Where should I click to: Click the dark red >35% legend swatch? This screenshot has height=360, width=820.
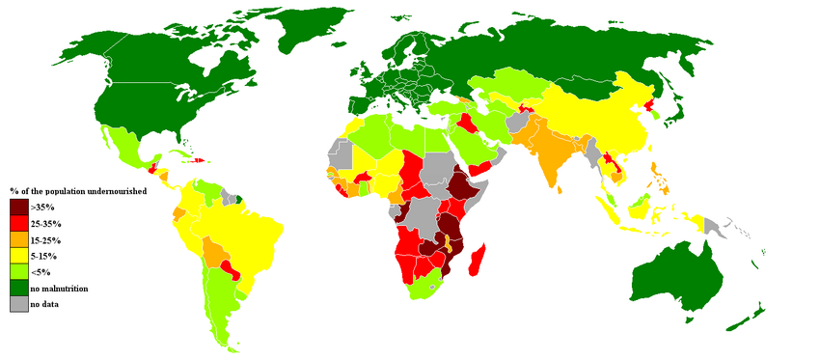(19, 207)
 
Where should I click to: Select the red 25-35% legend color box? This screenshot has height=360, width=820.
(19, 223)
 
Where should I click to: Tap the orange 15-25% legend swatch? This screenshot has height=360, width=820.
(19, 239)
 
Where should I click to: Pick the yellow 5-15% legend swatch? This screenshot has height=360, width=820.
(19, 256)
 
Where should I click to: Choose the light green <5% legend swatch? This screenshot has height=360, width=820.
(19, 272)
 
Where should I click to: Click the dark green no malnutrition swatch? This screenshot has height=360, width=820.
(19, 288)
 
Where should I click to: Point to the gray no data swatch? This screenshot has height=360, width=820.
(19, 304)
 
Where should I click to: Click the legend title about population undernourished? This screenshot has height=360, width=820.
(77, 191)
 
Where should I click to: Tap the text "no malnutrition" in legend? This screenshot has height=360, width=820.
(59, 289)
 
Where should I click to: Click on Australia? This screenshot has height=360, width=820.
(680, 275)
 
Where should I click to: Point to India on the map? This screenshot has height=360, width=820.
(550, 154)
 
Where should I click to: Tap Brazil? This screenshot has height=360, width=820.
(246, 227)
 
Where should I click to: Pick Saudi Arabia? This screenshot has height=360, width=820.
(473, 145)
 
